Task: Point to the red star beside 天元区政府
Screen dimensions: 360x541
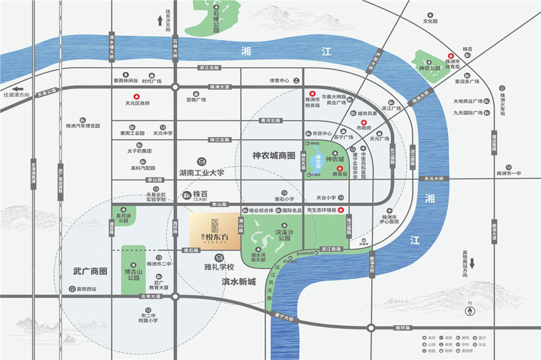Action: coord(136,95)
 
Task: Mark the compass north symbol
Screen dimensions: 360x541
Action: coord(470,310)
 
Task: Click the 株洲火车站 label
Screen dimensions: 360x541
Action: coord(502,100)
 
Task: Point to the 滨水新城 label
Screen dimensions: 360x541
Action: coord(238,280)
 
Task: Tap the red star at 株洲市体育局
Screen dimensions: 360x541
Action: coord(451,56)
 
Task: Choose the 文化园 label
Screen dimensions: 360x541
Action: coord(431,20)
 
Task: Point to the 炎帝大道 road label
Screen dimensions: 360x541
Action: coord(151,296)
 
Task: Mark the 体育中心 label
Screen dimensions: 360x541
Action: coord(279,80)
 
